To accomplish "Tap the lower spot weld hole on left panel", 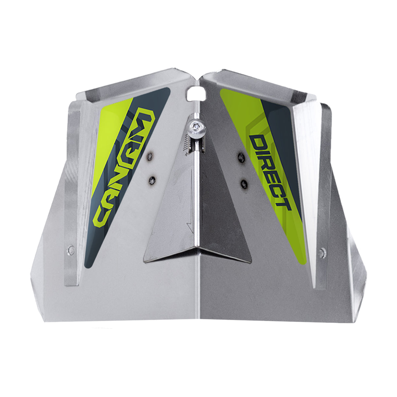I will [152, 179].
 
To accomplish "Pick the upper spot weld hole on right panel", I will [241, 157].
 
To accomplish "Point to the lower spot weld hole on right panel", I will [244, 183].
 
